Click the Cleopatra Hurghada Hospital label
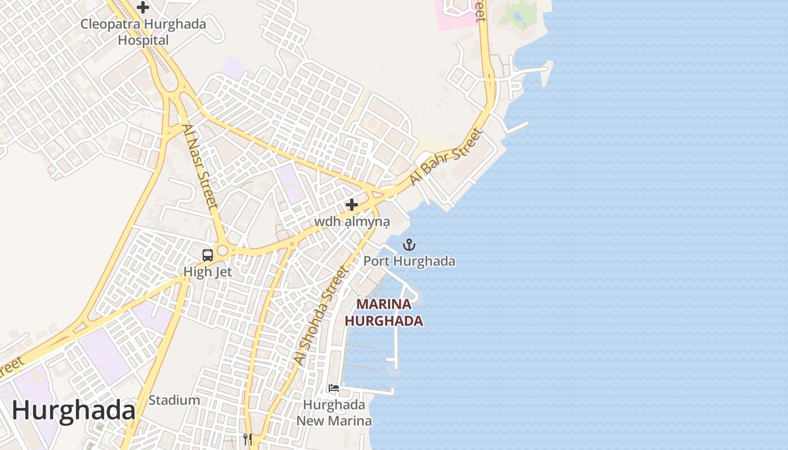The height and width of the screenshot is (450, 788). coord(143,32)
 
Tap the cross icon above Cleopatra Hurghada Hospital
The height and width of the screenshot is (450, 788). coord(143,7)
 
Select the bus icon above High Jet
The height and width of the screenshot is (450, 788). coord(207,255)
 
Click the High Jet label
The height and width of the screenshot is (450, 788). coord(207,272)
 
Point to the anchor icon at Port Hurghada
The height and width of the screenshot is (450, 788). coord(409,245)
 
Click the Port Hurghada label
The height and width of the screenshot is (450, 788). coord(409,262)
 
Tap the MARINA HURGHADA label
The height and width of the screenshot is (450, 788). coord(384,313)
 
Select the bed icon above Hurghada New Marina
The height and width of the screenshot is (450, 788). coord(334,388)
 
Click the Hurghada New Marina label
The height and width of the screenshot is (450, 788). coord(334,413)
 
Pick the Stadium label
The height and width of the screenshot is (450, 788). coord(174,400)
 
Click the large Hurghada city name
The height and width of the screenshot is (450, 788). coord(73,411)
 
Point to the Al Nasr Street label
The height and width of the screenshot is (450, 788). coord(200,167)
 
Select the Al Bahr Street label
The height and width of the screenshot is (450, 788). coord(446,157)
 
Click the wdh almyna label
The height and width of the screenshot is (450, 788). coord(352,222)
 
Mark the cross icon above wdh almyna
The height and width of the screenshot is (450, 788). coord(352,205)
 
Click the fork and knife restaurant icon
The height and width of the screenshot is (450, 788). coord(248,438)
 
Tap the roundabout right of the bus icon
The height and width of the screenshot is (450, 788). coord(223,250)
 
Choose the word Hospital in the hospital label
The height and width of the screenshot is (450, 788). coord(143,40)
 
